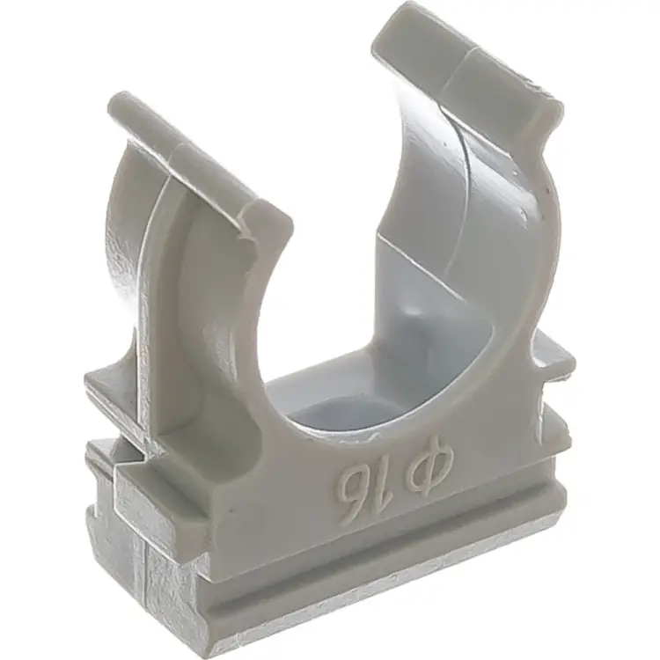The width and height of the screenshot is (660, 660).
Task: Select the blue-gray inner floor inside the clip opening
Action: pyautogui.click(x=354, y=400)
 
